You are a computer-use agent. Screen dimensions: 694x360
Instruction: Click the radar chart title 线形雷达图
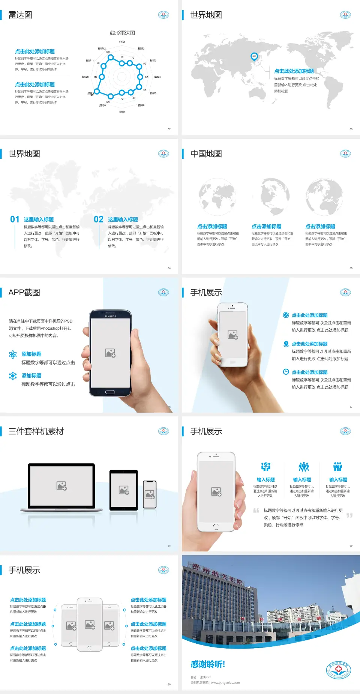point(122,33)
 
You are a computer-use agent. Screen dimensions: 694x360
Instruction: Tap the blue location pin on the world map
point(254,57)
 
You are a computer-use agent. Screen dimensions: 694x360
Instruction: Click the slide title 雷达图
point(20,15)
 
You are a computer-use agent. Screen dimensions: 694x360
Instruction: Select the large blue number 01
point(15,219)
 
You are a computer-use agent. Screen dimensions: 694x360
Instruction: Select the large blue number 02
point(99,219)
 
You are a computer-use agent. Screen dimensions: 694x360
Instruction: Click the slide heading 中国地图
point(206,154)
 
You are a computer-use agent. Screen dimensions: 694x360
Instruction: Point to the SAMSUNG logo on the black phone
point(110,316)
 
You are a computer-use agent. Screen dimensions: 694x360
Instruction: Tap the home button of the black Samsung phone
point(110,392)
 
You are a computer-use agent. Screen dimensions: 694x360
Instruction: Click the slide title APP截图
point(24,293)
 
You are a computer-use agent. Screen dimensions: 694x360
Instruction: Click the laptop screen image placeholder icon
point(61,486)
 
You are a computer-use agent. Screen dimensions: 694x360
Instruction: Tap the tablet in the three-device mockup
point(124,490)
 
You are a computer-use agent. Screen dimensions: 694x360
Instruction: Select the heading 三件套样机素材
point(36,431)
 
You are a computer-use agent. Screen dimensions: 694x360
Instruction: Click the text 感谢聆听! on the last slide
point(208,664)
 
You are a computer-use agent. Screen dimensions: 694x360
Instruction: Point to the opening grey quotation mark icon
point(256,511)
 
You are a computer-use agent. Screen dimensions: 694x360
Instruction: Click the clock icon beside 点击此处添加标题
point(286,372)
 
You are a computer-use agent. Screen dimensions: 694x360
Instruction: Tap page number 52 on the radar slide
point(169,129)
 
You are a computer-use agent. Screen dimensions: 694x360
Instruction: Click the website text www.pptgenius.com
point(225,683)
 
